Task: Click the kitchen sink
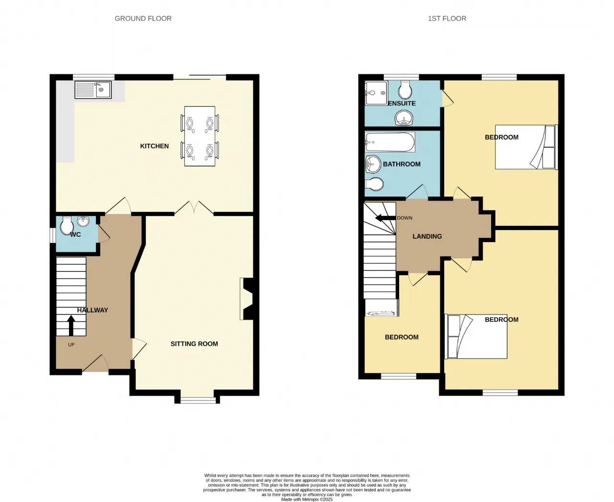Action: [x=93, y=90]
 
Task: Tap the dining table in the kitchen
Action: [x=200, y=136]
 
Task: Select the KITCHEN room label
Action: [x=154, y=146]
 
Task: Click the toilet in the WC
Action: [x=67, y=225]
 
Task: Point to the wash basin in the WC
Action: [x=83, y=222]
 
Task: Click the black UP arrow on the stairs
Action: [x=71, y=326]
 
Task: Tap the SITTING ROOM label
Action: [x=194, y=344]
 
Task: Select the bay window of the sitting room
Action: [x=198, y=400]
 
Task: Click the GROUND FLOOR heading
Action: [x=143, y=19]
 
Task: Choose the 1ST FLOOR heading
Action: [x=447, y=19]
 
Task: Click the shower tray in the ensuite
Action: [x=377, y=93]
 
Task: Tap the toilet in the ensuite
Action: [x=405, y=90]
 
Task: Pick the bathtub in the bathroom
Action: [x=390, y=142]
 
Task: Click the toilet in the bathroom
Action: [x=375, y=184]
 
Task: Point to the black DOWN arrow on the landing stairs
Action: [x=385, y=218]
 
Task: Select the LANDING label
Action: [x=427, y=236]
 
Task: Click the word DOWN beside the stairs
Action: [x=405, y=218]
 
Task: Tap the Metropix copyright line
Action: [x=307, y=500]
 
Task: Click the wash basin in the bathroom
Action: [x=373, y=164]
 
